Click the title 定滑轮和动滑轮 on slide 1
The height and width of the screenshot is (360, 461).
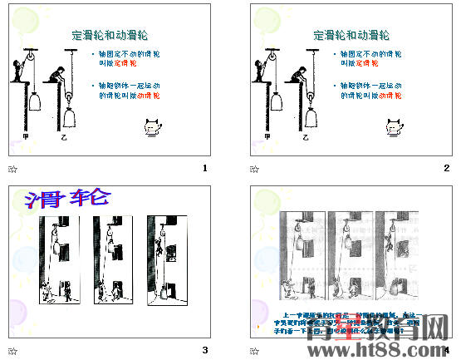tap(110, 35)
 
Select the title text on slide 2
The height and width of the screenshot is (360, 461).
tap(352, 35)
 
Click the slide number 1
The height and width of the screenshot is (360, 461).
tap(204, 169)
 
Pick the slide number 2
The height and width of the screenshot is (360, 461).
tap(447, 169)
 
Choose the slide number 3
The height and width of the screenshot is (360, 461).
tap(204, 350)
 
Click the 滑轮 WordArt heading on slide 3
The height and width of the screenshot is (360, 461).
tap(67, 199)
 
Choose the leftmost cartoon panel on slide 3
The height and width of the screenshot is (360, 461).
tap(60, 259)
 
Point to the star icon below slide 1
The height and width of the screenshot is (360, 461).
tap(12, 169)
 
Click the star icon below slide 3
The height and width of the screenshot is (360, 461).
tap(12, 350)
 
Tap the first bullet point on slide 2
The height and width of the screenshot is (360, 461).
tap(370, 58)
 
